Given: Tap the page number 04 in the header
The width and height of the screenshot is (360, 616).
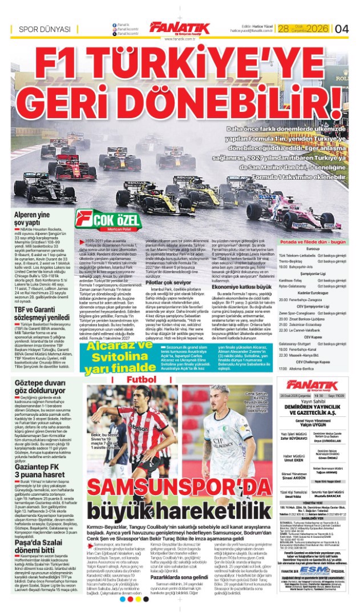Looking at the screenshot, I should point(342,29).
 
